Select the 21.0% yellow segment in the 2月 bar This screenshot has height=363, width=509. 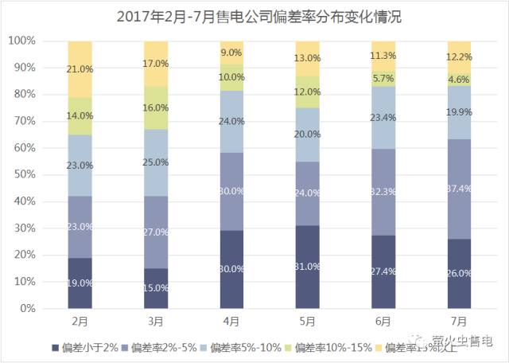tap(80, 69)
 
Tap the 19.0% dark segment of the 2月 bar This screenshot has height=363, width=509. tap(80, 283)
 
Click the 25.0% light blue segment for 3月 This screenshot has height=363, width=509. tap(156, 162)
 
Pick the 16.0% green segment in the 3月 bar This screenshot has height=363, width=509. tap(156, 107)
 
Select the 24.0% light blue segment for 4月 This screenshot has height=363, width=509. tap(232, 123)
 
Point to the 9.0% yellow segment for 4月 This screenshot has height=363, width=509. tap(232, 53)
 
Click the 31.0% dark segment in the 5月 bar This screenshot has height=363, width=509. tap(308, 267)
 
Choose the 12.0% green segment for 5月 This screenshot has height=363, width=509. tap(308, 92)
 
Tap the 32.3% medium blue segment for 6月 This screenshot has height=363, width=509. tap(384, 192)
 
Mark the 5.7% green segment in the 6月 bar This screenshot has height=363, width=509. tap(384, 78)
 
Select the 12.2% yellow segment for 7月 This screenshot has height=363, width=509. tap(460, 57)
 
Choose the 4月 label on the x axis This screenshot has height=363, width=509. tap(232, 322)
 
